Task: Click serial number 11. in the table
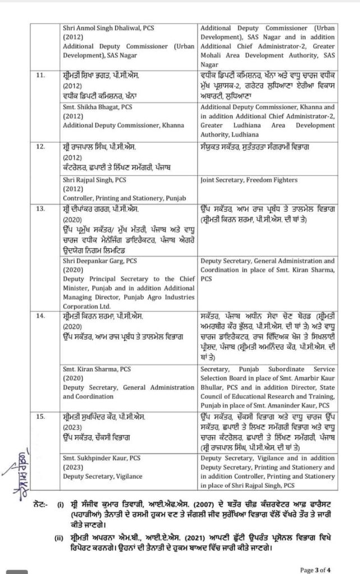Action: (40, 74)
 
